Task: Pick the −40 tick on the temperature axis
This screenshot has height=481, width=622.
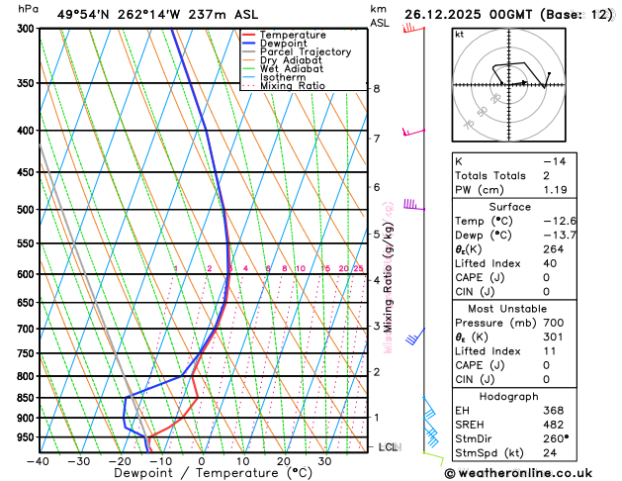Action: pyautogui.click(x=39, y=461)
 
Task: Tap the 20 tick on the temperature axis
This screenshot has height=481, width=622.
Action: pyautogui.click(x=283, y=461)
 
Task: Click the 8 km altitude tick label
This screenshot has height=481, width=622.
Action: pyautogui.click(x=377, y=88)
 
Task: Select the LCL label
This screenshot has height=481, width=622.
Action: pyautogui.click(x=389, y=447)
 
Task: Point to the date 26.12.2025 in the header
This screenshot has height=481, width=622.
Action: pyautogui.click(x=441, y=14)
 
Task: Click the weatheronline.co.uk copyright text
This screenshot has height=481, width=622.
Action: pyautogui.click(x=531, y=472)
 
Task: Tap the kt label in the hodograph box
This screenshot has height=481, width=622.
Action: pyautogui.click(x=459, y=34)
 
